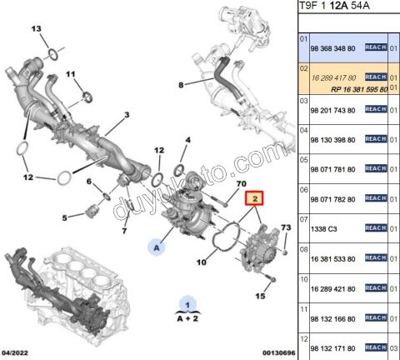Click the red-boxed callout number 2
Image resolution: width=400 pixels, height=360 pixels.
click(253, 198)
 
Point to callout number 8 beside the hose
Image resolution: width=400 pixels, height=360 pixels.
click(181, 84)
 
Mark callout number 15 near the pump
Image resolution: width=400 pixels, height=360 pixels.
click(259, 296)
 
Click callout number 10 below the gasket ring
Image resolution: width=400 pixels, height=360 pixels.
click(200, 262)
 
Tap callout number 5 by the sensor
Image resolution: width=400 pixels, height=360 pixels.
click(64, 219)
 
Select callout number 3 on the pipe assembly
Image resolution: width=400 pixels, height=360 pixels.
click(127, 114)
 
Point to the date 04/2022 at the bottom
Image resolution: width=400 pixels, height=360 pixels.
click(16, 352)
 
